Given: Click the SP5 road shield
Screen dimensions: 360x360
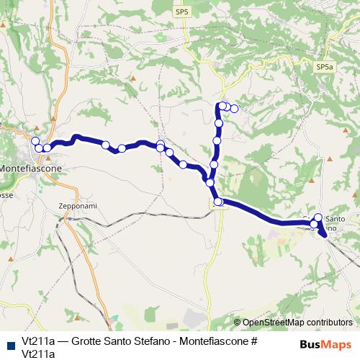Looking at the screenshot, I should click(x=181, y=12).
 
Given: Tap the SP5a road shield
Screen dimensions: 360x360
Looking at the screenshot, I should click(x=325, y=66).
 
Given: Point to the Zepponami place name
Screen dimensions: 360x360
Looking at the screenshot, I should click(x=77, y=205).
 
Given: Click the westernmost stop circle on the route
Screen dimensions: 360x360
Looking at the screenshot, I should click(x=35, y=140).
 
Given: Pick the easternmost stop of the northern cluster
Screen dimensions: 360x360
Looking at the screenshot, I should click(x=234, y=109).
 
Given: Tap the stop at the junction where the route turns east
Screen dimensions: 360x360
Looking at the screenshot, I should click(x=218, y=202).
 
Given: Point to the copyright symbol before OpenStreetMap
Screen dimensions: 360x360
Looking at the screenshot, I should click(x=237, y=323).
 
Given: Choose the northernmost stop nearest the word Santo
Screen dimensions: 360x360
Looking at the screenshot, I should click(x=318, y=217).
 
